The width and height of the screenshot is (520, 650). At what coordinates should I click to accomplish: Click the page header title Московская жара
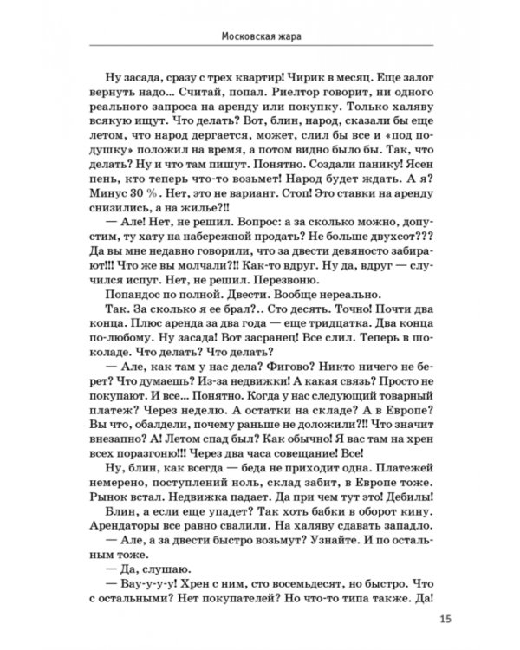click(x=260, y=37)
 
